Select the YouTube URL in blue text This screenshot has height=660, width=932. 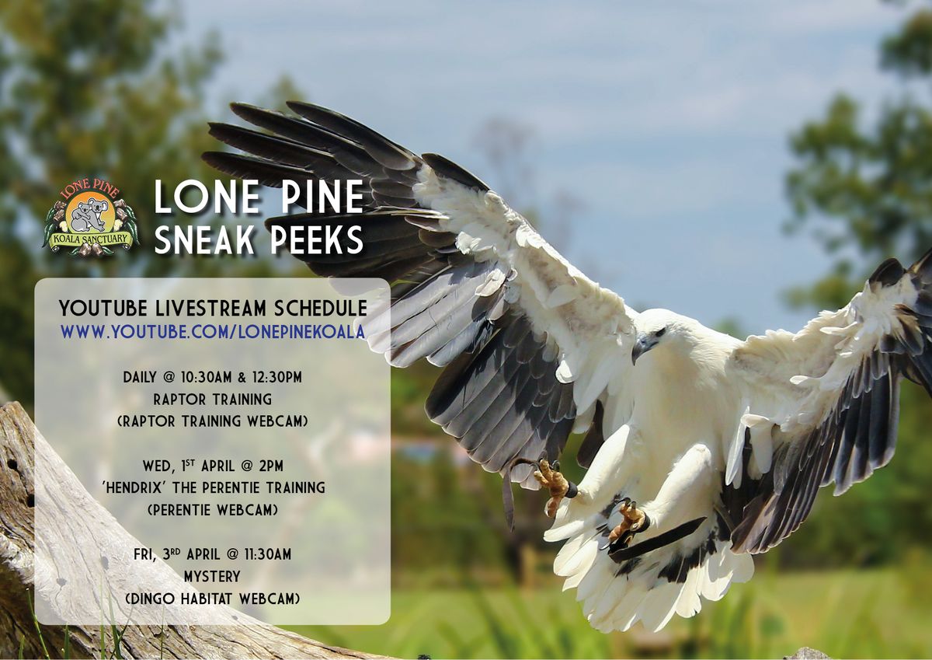tap(213, 331)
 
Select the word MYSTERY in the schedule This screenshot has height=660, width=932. tap(212, 577)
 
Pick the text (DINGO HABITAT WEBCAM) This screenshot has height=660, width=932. tap(212, 599)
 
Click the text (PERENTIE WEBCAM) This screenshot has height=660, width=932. tap(212, 510)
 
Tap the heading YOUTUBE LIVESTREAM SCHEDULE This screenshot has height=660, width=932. tap(213, 309)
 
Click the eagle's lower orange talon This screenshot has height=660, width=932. tap(628, 522)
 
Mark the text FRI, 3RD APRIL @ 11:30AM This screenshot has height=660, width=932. tap(212, 554)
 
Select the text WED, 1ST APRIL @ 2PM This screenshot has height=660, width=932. tap(212, 466)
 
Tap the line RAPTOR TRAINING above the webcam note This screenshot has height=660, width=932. tap(212, 400)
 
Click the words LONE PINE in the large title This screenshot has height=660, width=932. tap(259, 197)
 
